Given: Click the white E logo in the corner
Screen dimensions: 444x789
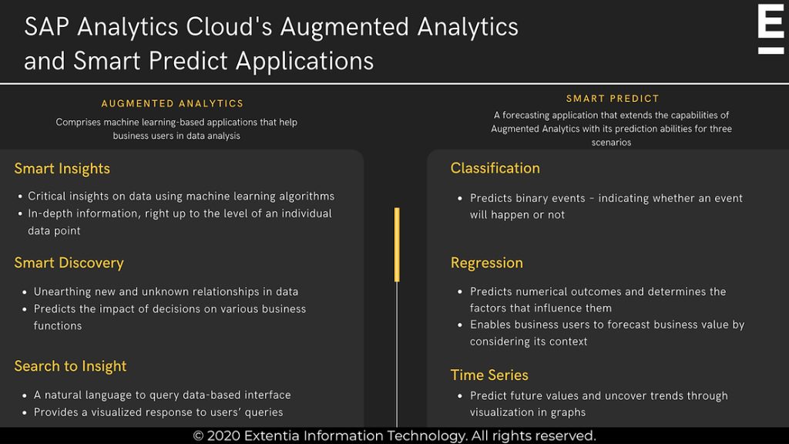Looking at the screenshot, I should pyautogui.click(x=771, y=29).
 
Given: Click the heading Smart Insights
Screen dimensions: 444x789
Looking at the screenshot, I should pyautogui.click(x=62, y=169).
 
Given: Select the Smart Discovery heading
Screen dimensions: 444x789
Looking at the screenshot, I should pyautogui.click(x=69, y=263).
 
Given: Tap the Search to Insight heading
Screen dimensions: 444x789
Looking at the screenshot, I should pyautogui.click(x=70, y=366).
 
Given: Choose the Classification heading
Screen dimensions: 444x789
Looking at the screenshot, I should pyautogui.click(x=495, y=168).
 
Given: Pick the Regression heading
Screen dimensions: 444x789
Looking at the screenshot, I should pyautogui.click(x=486, y=263).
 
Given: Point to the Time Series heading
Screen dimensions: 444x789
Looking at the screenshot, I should pyautogui.click(x=489, y=375).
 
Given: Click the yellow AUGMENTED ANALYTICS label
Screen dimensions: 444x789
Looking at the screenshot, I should pyautogui.click(x=173, y=103).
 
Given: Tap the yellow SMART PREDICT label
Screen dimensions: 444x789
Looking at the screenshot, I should pyautogui.click(x=613, y=99).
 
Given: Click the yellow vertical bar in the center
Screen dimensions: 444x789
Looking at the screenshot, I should pyautogui.click(x=397, y=244).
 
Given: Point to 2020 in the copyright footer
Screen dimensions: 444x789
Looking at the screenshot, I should pyautogui.click(x=223, y=436).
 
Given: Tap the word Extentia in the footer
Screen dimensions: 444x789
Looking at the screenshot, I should pyautogui.click(x=275, y=436).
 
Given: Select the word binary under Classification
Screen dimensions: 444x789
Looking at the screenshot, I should pyautogui.click(x=533, y=198).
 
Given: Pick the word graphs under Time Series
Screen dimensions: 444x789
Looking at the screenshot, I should pyautogui.click(x=569, y=412).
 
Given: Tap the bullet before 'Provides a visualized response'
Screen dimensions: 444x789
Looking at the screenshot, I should pyautogui.click(x=22, y=412).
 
